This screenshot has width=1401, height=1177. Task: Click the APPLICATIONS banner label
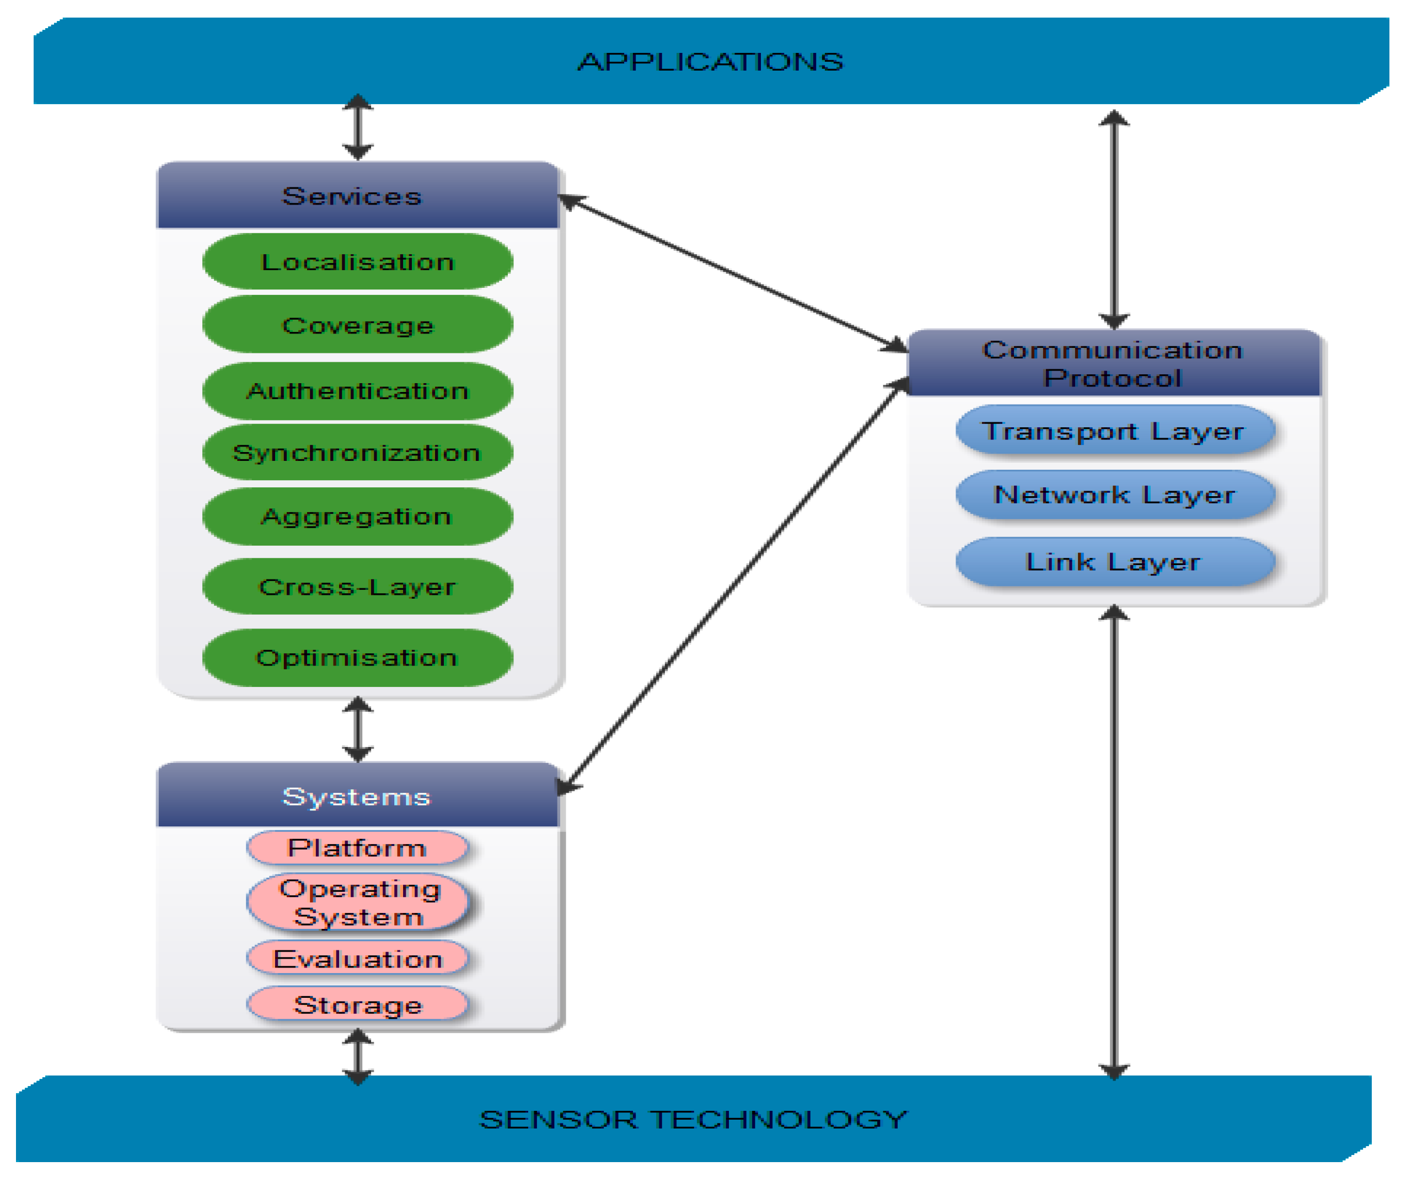click(x=710, y=62)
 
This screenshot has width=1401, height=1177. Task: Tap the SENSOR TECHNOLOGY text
click(x=694, y=1120)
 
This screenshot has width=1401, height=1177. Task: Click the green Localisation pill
click(x=358, y=261)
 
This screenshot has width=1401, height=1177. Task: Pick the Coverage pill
click(x=358, y=325)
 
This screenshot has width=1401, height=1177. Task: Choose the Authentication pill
click(x=358, y=390)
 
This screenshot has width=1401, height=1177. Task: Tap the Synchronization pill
click(x=358, y=453)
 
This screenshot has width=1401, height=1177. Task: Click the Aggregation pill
click(x=358, y=517)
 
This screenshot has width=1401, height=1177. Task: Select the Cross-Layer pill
click(x=358, y=587)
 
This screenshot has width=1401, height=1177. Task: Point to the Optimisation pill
click(x=358, y=657)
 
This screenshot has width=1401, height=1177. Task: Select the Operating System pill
click(x=358, y=902)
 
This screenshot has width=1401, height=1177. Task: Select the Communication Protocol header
click(x=1113, y=364)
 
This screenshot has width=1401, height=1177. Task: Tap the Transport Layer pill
click(x=1114, y=431)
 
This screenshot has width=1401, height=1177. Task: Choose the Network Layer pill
click(x=1114, y=495)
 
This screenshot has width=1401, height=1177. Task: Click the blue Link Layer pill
click(x=1114, y=562)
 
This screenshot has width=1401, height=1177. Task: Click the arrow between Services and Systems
click(x=358, y=729)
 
